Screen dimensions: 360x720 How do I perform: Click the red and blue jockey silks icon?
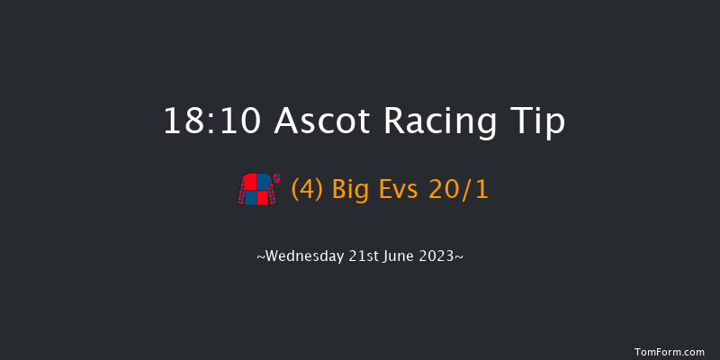256,190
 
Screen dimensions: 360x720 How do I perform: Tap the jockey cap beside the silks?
275,178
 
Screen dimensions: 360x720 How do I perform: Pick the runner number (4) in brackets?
307,191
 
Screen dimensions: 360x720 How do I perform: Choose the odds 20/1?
462,191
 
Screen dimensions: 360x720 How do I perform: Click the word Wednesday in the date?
306,256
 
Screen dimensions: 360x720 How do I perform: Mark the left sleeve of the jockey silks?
243,192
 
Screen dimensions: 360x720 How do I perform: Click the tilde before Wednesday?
261,257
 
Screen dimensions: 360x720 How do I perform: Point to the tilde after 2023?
460,257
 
